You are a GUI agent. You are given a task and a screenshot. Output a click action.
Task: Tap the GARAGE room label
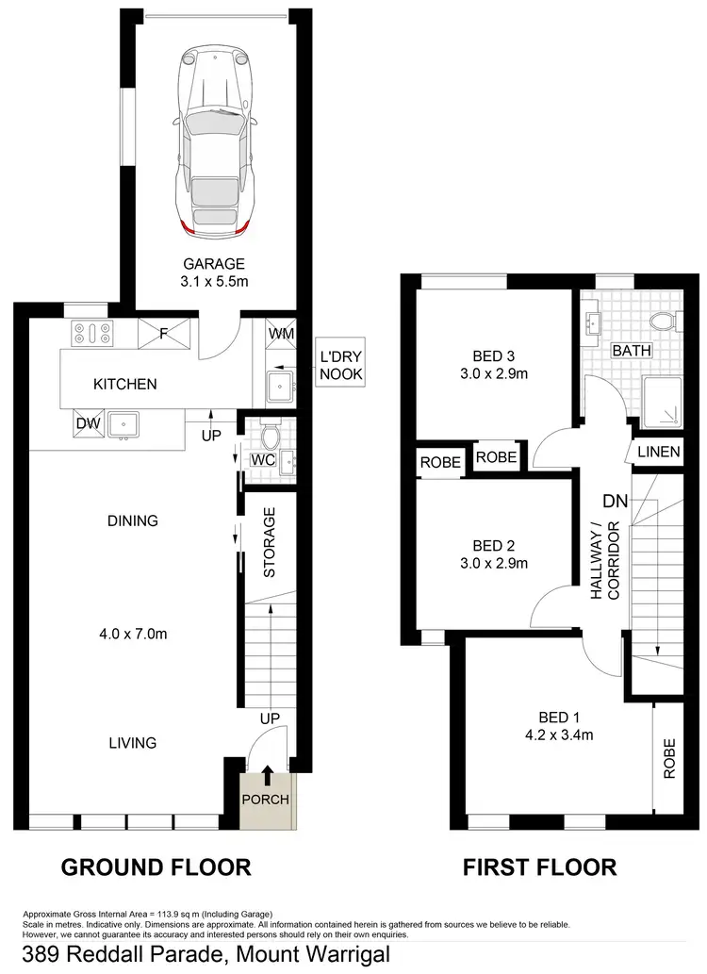point(214,264)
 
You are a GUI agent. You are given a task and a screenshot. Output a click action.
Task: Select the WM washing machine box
point(281,334)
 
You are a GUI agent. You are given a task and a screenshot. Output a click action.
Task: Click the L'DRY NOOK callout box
point(339,363)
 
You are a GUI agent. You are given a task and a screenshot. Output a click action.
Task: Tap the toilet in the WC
point(271,435)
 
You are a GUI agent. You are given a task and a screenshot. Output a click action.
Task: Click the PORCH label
point(266,800)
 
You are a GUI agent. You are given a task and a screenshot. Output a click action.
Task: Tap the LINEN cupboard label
point(658,453)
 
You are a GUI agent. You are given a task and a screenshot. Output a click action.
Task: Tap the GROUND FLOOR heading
point(156,867)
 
